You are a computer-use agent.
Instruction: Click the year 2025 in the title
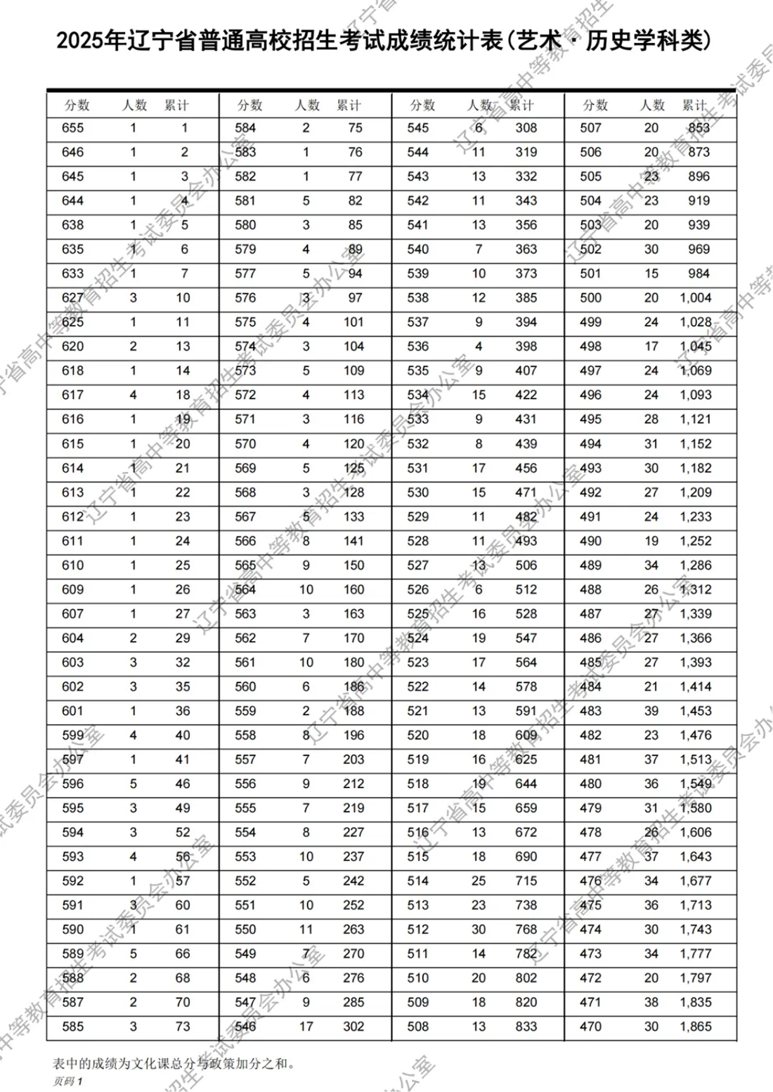79,41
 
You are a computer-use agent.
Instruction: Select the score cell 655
72,128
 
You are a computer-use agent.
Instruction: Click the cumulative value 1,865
696,1027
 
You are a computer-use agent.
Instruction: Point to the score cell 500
590,298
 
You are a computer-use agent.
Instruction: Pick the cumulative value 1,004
696,298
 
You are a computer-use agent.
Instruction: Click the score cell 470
590,1027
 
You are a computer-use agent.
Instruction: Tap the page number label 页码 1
67,1081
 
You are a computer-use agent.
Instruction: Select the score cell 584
245,128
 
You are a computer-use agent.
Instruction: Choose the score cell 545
417,128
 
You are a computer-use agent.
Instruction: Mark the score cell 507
590,128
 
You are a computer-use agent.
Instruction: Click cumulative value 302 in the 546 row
353,1027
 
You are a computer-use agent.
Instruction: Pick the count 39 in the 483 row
651,711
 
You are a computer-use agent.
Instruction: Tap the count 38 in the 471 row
651,1002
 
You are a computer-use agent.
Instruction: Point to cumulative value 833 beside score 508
526,1027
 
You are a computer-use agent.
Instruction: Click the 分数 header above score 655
77,105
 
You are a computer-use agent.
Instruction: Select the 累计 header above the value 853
694,105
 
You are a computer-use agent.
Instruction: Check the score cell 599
72,735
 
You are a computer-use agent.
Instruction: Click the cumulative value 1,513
696,759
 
